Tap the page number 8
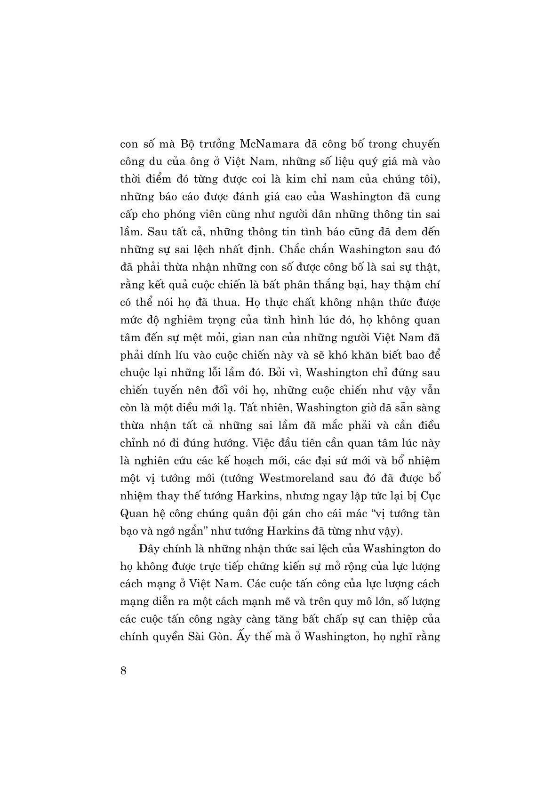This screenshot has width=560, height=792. click(123, 671)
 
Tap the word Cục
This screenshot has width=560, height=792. click(430, 496)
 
